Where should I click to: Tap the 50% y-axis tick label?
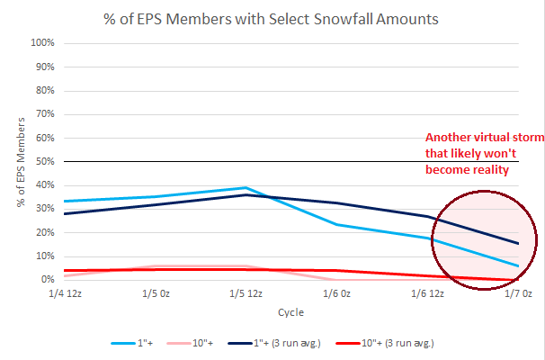[x=47, y=162]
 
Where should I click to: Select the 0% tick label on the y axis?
[x=49, y=280]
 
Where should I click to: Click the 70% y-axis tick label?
[x=47, y=114]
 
